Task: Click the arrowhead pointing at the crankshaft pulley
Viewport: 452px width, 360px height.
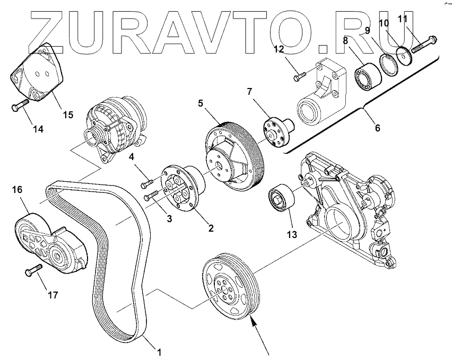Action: coord(253,320)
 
